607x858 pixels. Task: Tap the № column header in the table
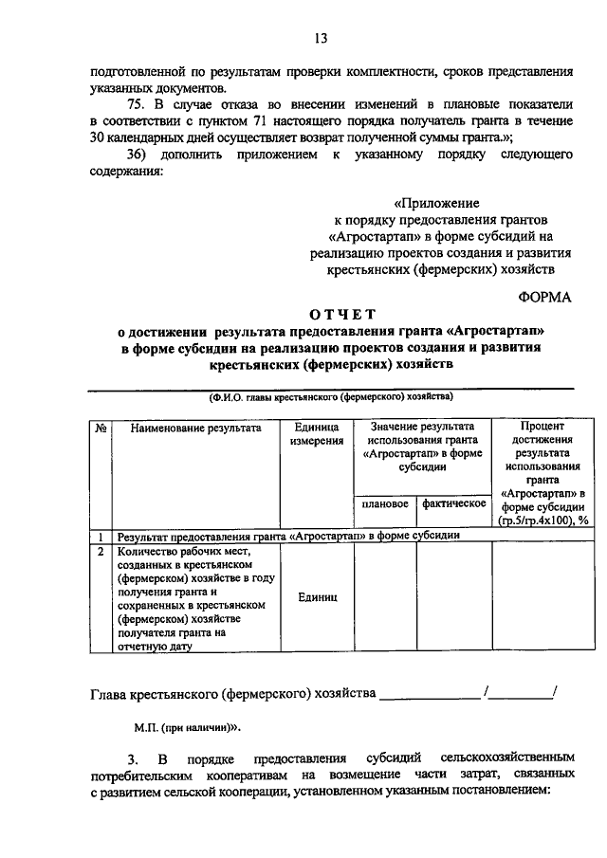100,428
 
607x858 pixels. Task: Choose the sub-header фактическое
454,503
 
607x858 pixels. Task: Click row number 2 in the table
100,549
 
